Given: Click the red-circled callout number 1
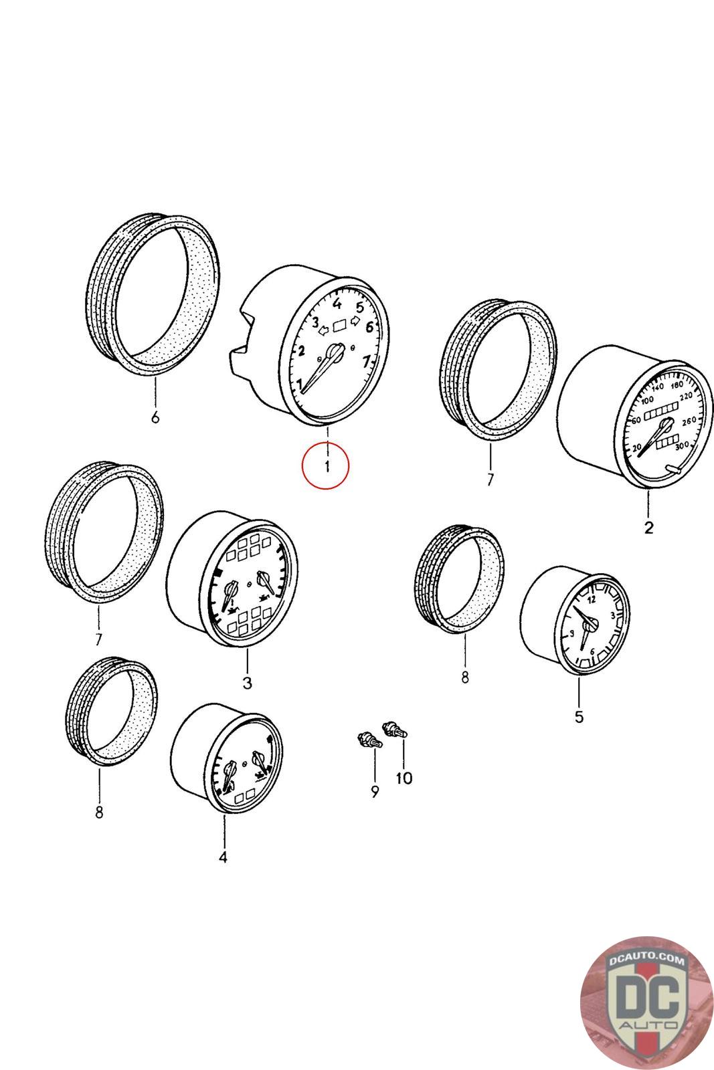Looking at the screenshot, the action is (326, 466).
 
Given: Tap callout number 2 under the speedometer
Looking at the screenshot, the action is (648, 528).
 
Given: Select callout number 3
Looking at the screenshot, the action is (247, 683).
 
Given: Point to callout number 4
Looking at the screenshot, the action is (223, 857).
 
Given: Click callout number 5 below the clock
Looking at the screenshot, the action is (579, 717).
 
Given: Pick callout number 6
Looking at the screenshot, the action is (155, 418).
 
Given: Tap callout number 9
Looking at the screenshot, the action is (375, 792).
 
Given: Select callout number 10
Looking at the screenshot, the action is (404, 778).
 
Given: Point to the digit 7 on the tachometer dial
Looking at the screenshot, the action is (366, 362).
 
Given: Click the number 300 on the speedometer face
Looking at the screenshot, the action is (682, 446).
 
